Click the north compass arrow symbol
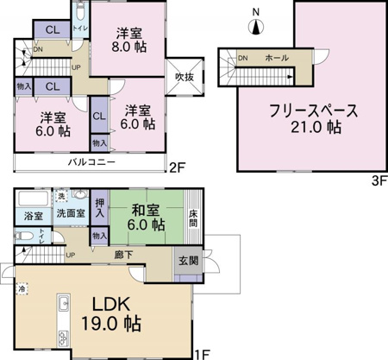254,26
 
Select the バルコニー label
88,162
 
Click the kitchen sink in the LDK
63,304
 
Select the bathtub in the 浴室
34,198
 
